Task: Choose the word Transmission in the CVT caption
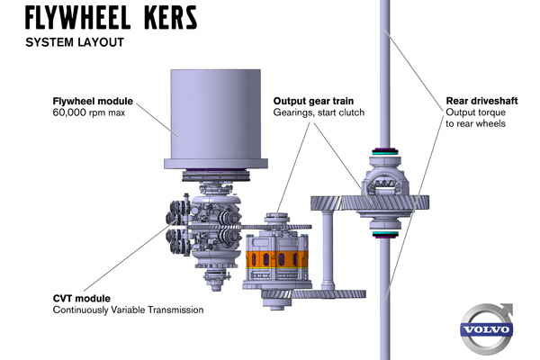click(174, 310)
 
